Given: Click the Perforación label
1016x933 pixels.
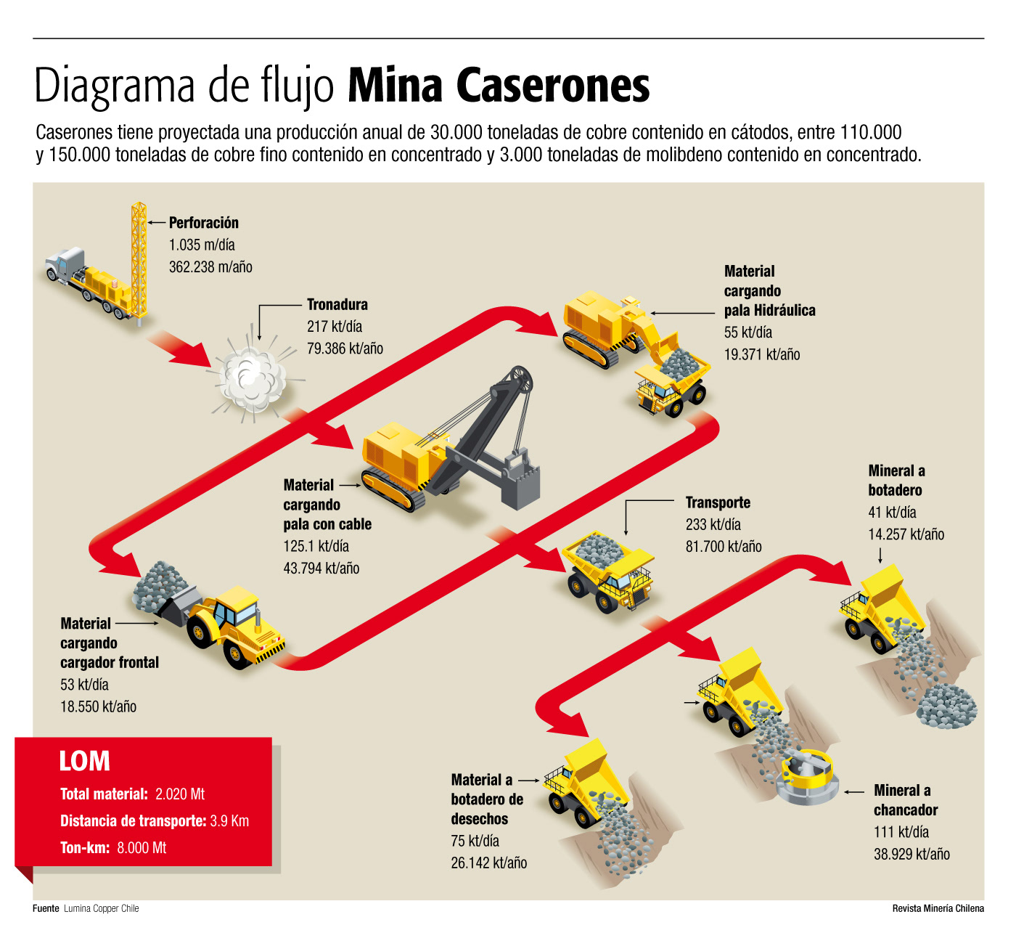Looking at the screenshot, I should pos(203,223).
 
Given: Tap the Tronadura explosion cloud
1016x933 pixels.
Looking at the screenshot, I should pos(252,378).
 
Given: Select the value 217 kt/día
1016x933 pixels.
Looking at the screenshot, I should pos(335,327).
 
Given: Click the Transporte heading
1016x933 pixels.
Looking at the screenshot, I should pos(718,502).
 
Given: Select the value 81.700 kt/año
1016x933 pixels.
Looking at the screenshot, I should pos(724,547).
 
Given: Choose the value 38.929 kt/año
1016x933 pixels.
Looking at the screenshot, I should pos(911,855).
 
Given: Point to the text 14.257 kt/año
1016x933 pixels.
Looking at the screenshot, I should pos(906,534).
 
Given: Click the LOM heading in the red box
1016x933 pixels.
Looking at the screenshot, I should pos(85,761).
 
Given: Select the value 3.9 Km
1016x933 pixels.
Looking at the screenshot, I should pos(229,821).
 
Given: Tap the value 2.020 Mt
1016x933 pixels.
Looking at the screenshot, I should pos(180,794).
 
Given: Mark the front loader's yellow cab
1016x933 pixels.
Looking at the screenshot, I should pos(236,608).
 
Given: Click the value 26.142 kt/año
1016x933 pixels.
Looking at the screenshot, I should pos(489,863).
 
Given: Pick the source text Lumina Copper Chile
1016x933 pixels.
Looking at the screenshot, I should pos(101,908).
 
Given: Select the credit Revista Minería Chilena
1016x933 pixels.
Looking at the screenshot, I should pos(938,908).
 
